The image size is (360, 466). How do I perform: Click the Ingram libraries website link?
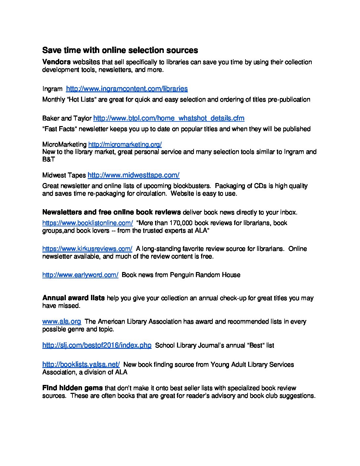point(127,89)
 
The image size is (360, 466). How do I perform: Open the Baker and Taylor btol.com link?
point(169,118)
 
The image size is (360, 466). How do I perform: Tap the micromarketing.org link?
point(125,144)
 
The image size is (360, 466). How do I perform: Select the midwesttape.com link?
point(133,175)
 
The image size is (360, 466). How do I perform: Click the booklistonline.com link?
point(88,223)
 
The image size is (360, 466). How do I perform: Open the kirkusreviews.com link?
point(87,249)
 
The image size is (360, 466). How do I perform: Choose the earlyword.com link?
point(80,275)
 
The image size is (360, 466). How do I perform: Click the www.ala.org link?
point(62,321)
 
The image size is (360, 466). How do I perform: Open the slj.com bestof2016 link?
point(97,345)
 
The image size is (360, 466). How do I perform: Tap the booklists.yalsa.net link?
point(81,364)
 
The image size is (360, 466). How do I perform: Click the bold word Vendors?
point(56,62)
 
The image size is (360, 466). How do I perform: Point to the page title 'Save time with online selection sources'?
point(120,50)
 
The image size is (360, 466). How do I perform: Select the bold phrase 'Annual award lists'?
point(73,298)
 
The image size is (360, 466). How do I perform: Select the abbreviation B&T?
point(49,159)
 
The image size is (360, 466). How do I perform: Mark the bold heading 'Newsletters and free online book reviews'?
point(112,212)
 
